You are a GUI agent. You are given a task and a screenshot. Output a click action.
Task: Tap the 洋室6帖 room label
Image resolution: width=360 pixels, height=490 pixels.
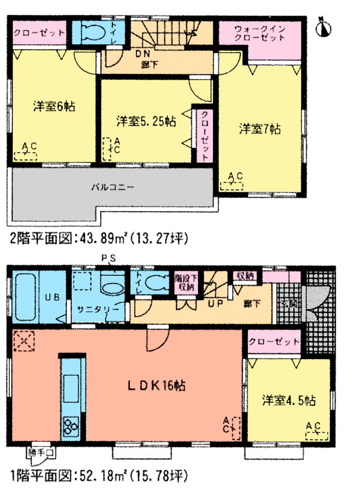coord(54,107)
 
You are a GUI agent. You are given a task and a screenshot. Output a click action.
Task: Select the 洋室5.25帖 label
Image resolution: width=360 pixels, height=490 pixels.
coord(146,121)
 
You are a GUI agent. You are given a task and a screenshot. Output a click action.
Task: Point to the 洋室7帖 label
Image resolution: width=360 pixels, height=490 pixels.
coord(260,129)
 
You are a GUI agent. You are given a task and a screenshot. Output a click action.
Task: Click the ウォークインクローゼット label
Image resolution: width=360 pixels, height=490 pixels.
coord(260,33)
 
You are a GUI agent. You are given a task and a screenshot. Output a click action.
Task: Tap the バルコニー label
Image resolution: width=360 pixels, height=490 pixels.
coord(112,187)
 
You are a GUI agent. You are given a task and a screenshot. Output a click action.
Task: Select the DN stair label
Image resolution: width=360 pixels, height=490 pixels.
coord(143,54)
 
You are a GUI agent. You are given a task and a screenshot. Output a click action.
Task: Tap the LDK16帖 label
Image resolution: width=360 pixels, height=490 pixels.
coord(157,386)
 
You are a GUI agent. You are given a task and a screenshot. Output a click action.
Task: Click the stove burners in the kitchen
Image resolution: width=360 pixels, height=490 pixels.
coord(71,426)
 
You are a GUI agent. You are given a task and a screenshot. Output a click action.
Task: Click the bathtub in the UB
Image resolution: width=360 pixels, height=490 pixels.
coord(25,297)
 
